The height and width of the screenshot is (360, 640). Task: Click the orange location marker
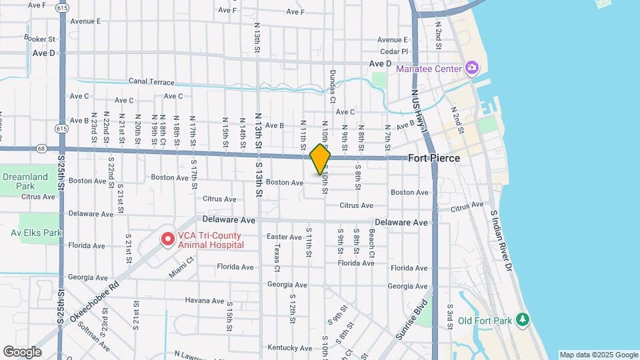coord(320,159)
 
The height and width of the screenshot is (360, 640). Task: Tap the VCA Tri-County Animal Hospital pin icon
coord(167,238)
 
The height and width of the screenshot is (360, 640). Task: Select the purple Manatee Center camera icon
coord(472,68)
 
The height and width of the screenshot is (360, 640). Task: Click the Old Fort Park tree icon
coord(523,321)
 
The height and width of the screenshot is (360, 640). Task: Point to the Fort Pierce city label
coord(434,159)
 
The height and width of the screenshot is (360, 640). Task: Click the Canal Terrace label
coord(151,83)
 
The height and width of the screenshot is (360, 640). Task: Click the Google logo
coord(21,351)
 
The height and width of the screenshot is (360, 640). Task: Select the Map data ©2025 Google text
coord(598,355)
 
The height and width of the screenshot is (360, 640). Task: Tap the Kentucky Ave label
coord(285,347)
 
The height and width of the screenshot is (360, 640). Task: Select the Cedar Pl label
coord(393,51)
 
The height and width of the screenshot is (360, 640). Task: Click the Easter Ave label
coord(284,237)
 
